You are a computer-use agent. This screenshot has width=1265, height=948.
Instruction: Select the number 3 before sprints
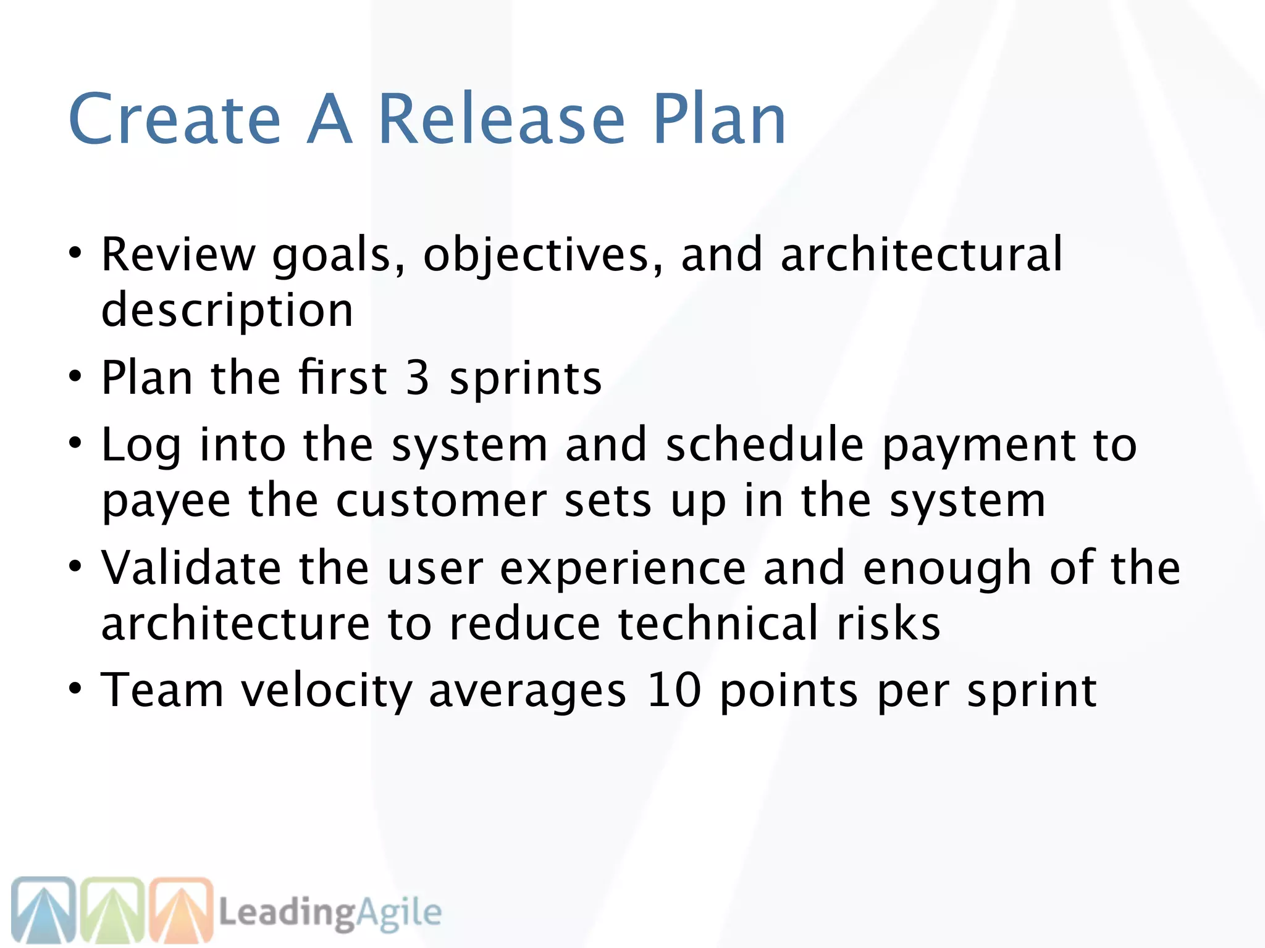(x=418, y=378)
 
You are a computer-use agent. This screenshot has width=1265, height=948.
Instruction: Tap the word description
(x=227, y=310)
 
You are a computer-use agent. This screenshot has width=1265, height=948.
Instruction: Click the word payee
(x=166, y=501)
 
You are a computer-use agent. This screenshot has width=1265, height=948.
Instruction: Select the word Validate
(x=191, y=568)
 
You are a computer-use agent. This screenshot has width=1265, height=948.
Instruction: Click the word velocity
(x=326, y=691)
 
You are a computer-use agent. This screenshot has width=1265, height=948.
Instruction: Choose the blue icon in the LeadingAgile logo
(x=43, y=910)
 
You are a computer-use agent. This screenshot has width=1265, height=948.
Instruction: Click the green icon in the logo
(x=112, y=910)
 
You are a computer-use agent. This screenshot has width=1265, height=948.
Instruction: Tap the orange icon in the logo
(x=182, y=910)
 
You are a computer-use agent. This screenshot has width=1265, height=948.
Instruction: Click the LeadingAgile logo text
(x=330, y=913)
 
